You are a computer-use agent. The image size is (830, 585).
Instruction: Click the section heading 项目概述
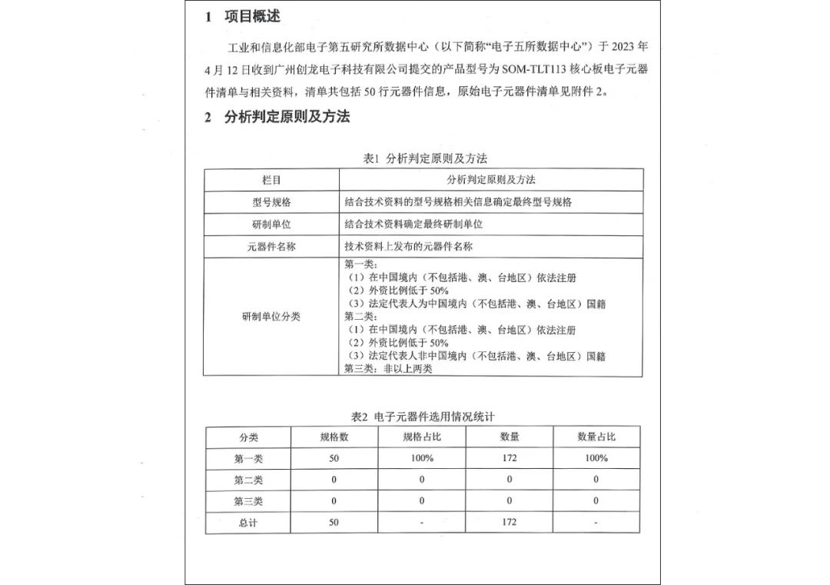(x=252, y=16)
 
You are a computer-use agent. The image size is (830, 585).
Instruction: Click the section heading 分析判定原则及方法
(x=287, y=117)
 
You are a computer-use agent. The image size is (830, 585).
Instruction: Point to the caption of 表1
(x=425, y=158)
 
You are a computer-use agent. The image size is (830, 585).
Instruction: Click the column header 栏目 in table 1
(x=271, y=180)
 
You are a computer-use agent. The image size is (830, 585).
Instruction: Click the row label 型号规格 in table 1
(x=271, y=202)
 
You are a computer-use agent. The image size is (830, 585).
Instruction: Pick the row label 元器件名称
(x=271, y=247)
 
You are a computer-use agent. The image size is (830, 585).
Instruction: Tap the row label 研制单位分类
(x=271, y=317)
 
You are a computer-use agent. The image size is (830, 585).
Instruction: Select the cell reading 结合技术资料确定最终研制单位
(x=413, y=224)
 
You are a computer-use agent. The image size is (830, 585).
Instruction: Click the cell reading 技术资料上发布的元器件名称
(x=408, y=247)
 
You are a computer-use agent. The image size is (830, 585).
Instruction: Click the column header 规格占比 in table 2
(x=422, y=437)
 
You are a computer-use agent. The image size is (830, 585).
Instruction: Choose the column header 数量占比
(x=596, y=437)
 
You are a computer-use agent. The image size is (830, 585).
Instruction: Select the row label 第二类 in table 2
(x=248, y=480)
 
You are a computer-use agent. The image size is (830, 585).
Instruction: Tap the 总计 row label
(x=248, y=523)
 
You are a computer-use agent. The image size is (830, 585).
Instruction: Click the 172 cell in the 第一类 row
(x=509, y=458)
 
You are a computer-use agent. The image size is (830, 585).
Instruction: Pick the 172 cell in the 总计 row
(x=509, y=523)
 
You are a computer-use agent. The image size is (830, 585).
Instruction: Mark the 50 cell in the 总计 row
(x=334, y=523)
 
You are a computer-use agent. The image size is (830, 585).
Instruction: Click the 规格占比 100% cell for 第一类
(x=422, y=458)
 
